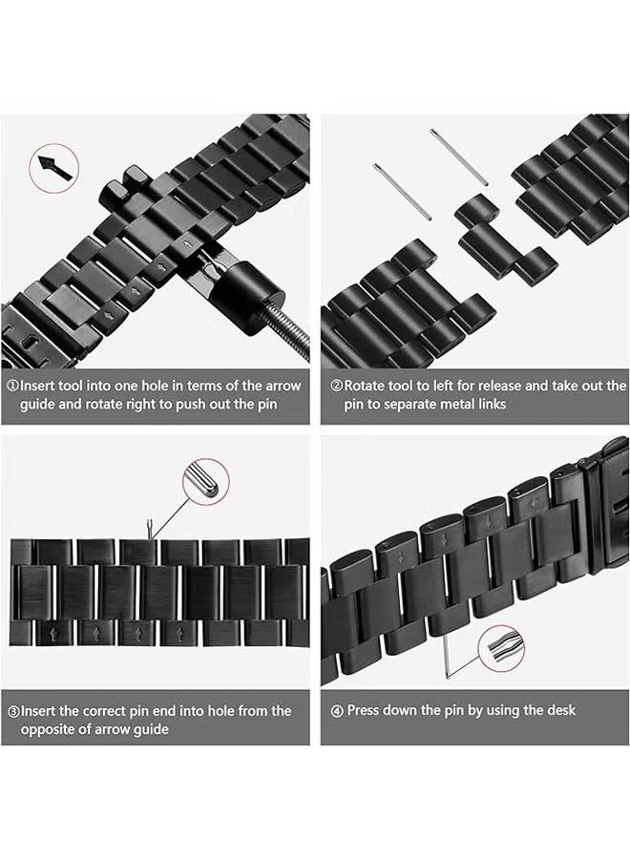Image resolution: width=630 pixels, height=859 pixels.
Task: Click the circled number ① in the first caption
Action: coord(13,387)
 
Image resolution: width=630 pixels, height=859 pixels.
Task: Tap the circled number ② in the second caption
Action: coord(336,387)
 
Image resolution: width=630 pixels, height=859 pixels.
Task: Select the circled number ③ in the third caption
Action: coord(13,711)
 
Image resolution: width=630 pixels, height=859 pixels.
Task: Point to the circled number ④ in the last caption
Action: coord(337,711)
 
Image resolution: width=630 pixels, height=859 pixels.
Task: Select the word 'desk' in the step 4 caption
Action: coord(559,711)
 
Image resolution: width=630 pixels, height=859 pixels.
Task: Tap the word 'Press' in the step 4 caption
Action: coord(366,711)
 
